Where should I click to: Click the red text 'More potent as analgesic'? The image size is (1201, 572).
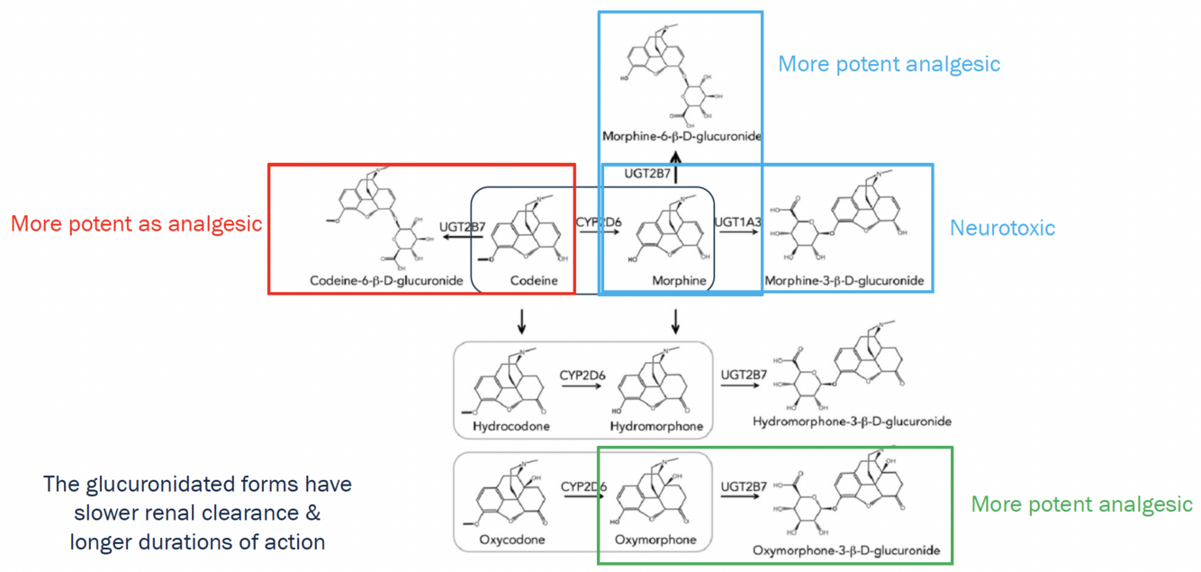pos(136,223)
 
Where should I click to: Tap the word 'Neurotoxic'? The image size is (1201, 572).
pos(1002,228)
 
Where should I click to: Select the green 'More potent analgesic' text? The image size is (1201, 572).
pos(1082,504)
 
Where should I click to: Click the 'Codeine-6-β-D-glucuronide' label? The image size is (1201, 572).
pos(386,281)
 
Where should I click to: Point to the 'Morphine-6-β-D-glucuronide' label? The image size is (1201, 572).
pos(682,136)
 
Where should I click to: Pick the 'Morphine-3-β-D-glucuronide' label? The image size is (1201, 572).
pos(844,281)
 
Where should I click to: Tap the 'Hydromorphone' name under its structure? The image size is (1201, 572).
pos(656,425)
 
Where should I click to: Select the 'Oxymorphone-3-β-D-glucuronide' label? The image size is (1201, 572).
pos(846,549)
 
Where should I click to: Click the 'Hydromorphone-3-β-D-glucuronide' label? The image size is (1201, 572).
pos(852,421)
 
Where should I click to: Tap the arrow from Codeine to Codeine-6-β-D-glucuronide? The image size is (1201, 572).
pos(462,239)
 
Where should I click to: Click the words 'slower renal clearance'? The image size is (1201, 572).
pos(197,513)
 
